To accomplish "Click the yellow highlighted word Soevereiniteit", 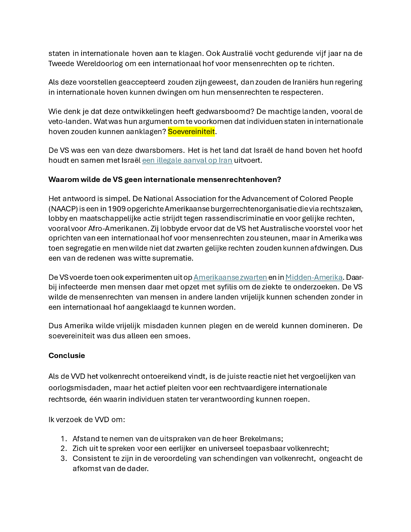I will point(191,131).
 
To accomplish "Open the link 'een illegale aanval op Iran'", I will point(187,160).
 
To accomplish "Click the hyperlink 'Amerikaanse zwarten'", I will point(230,277).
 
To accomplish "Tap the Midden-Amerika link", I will point(314,277).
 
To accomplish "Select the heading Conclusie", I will point(67,355).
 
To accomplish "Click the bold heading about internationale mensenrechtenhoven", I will point(164,180).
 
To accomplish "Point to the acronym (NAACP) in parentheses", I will point(63,209).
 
